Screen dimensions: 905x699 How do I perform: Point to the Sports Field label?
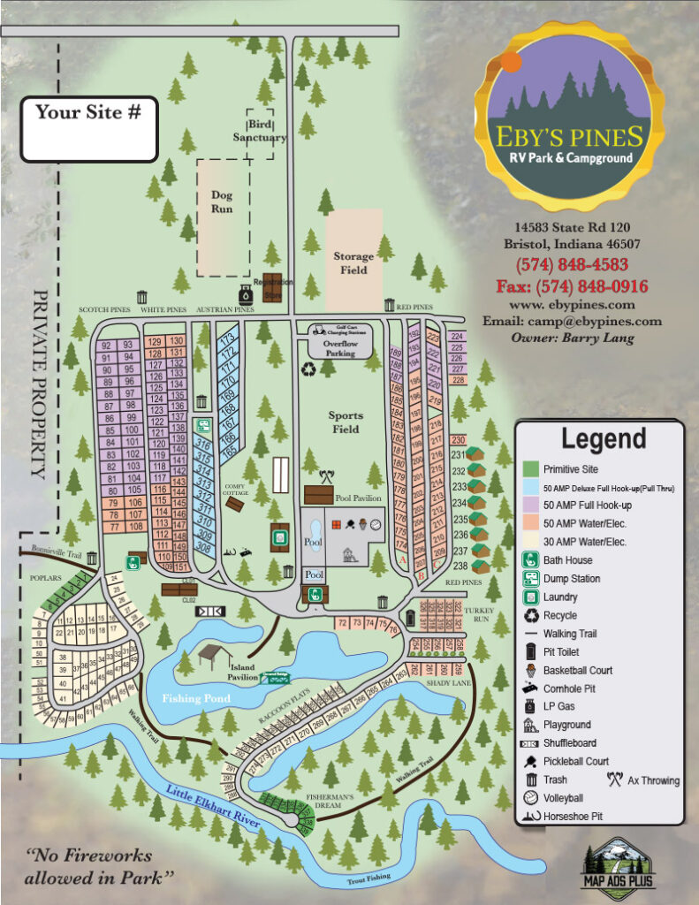pyautogui.click(x=346, y=422)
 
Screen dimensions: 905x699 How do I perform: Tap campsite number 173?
pyautogui.click(x=228, y=338)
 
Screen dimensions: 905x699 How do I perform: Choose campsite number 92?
pyautogui.click(x=107, y=346)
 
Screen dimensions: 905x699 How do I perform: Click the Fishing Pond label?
pyautogui.click(x=196, y=698)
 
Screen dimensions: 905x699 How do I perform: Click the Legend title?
pyautogui.click(x=604, y=438)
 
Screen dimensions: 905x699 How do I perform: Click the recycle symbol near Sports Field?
pyautogui.click(x=310, y=370)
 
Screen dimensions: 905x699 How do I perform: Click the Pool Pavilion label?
pyautogui.click(x=358, y=498)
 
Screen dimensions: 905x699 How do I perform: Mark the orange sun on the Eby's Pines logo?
pyautogui.click(x=510, y=61)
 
